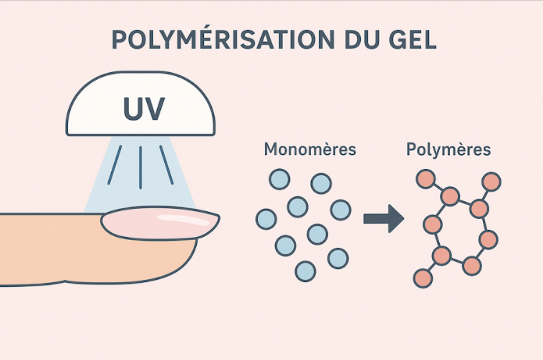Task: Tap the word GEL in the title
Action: click(413, 39)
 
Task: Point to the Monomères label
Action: click(310, 149)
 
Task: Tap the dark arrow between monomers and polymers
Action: click(384, 219)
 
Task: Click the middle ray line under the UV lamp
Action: click(141, 167)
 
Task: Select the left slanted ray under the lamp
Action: click(115, 165)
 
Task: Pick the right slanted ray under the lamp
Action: click(166, 165)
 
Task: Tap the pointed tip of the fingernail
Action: click(219, 216)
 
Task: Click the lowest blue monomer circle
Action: click(305, 271)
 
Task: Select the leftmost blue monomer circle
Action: click(266, 219)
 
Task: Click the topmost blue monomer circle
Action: click(279, 179)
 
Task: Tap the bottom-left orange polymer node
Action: click(423, 278)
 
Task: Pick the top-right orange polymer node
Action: click(492, 182)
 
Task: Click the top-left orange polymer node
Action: click(426, 179)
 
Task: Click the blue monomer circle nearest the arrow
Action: click(341, 210)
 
